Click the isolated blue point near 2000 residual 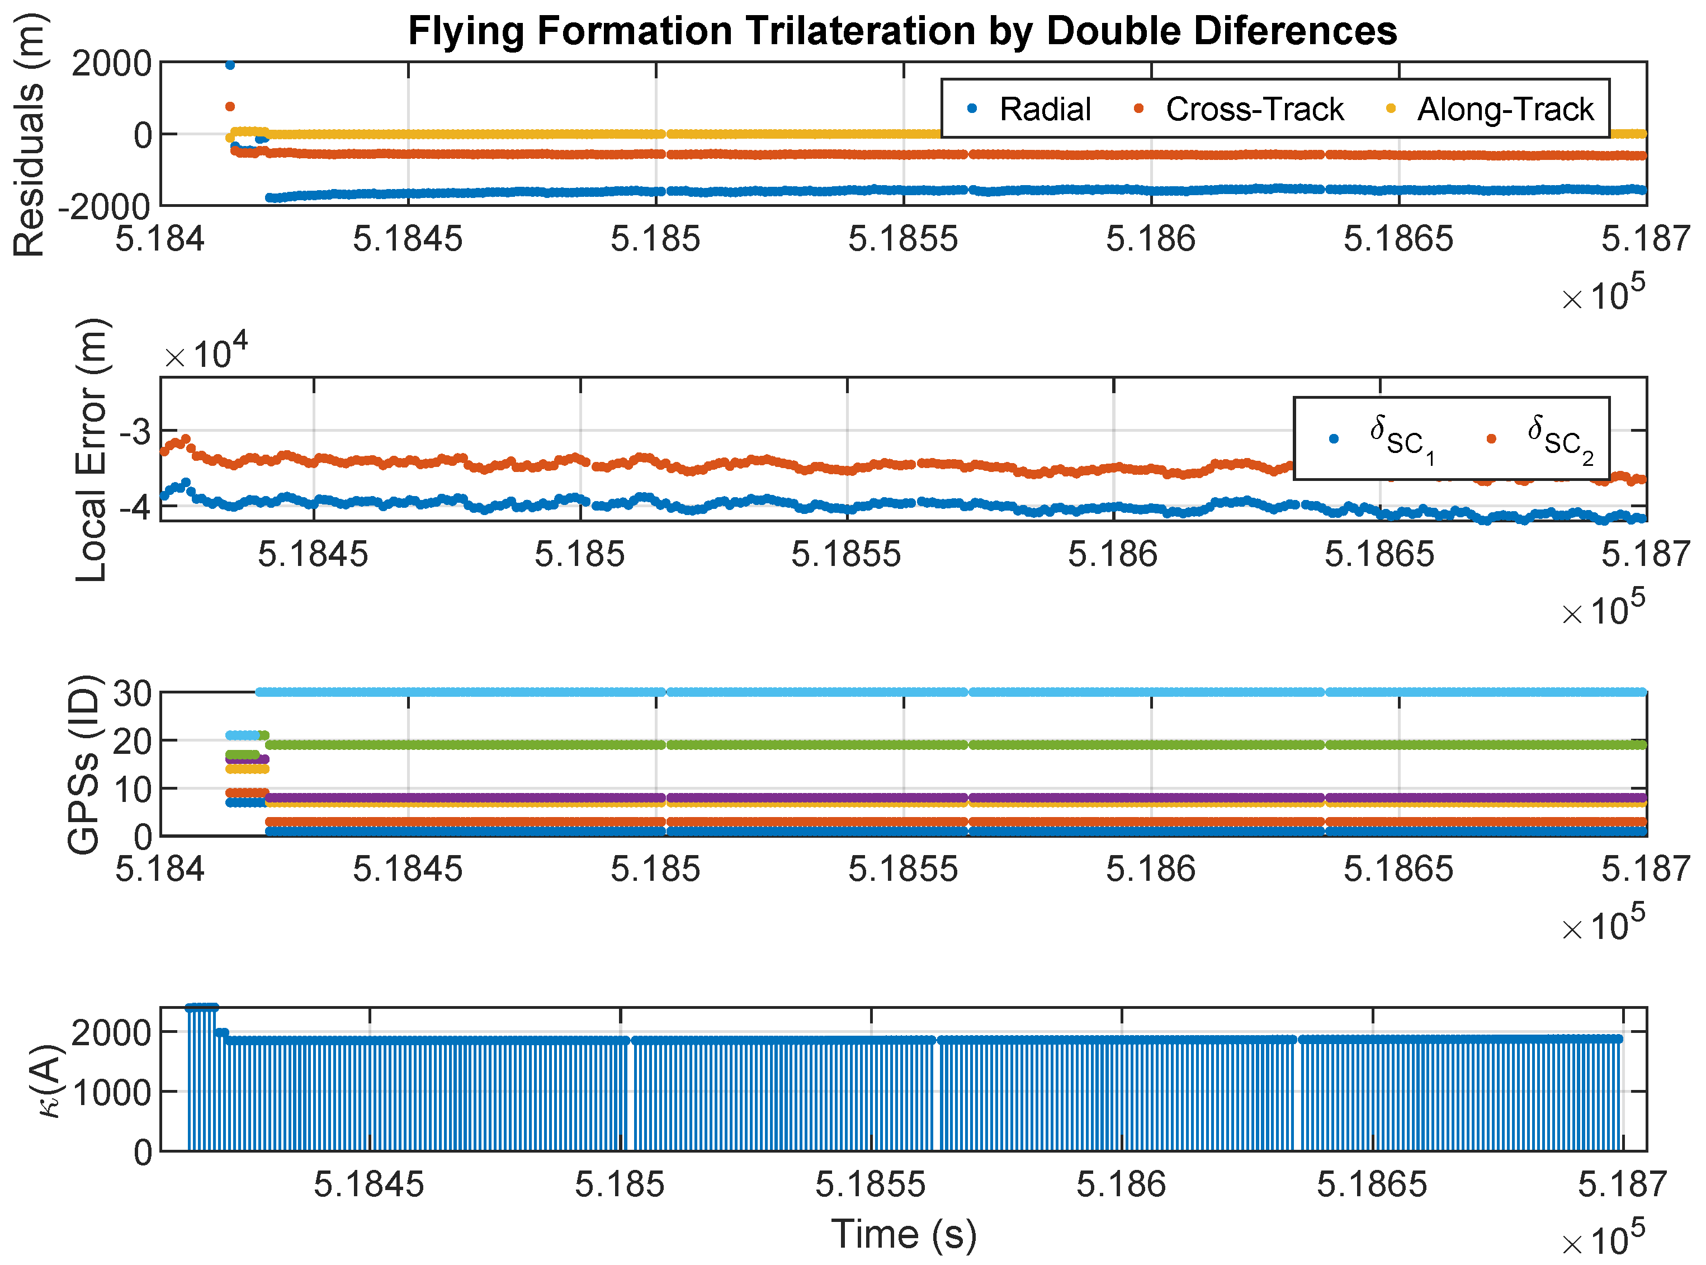[230, 65]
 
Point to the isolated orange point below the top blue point [230, 106]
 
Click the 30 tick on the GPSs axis [132, 693]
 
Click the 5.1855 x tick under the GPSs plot [903, 869]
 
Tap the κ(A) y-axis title [50, 1080]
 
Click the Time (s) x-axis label [904, 1234]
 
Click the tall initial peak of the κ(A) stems [201, 1008]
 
